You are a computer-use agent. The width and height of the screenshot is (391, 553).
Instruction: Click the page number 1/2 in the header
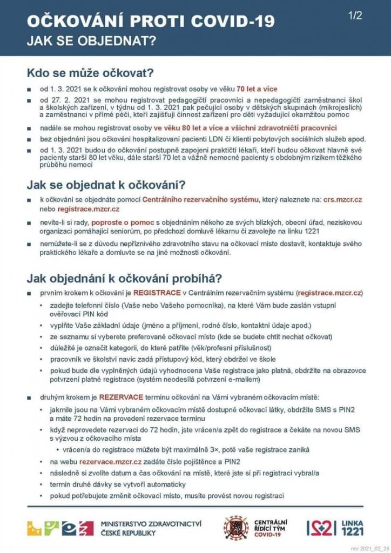355,16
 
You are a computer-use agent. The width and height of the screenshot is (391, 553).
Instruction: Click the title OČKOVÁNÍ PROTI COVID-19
151,21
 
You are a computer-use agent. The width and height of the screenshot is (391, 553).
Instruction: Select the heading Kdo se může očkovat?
91,72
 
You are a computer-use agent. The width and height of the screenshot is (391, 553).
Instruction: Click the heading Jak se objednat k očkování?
106,185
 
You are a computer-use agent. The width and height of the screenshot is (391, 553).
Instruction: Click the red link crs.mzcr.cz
342,200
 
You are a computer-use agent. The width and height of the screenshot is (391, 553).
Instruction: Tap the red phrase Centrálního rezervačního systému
200,200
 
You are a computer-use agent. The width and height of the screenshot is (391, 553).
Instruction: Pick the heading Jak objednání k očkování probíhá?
124,279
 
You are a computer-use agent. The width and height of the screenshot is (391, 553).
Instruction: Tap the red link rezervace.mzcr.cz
111,462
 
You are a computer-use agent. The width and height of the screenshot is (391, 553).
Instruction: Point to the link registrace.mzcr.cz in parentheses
329,293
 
